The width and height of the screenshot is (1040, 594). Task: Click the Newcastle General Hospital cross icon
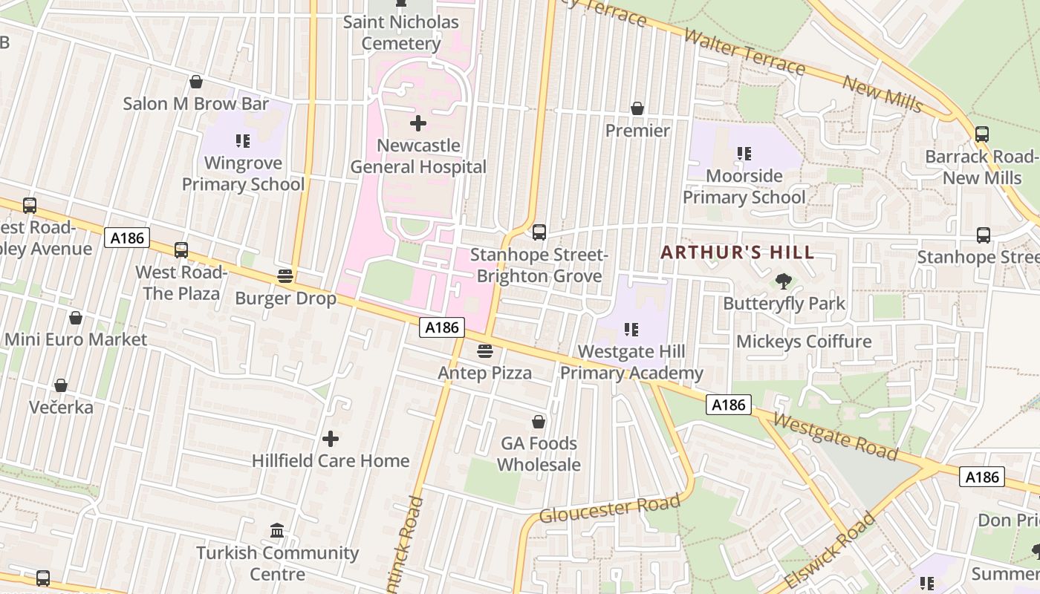click(418, 123)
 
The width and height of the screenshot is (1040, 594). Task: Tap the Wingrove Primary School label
click(243, 174)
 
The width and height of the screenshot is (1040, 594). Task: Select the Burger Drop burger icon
click(285, 276)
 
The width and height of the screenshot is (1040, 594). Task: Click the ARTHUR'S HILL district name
click(738, 252)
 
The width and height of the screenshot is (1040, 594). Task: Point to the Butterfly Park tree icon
click(783, 281)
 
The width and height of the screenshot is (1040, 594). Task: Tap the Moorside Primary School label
click(744, 186)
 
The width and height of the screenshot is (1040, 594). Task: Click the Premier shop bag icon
click(637, 108)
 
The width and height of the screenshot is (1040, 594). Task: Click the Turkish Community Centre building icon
click(277, 530)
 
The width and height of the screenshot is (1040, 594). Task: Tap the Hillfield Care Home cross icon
click(331, 439)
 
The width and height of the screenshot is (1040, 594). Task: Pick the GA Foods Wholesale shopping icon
click(539, 422)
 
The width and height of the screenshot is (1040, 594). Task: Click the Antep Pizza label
click(484, 373)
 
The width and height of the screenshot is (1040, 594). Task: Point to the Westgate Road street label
click(835, 437)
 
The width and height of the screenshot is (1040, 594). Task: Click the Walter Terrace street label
click(744, 52)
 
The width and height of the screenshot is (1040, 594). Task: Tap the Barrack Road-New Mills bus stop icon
click(981, 134)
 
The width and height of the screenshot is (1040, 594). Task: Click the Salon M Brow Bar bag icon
click(196, 81)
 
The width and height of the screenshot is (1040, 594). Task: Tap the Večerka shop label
click(61, 407)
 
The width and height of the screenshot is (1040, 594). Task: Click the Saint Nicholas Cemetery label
click(401, 33)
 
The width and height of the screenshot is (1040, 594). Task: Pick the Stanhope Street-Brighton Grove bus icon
click(539, 232)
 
